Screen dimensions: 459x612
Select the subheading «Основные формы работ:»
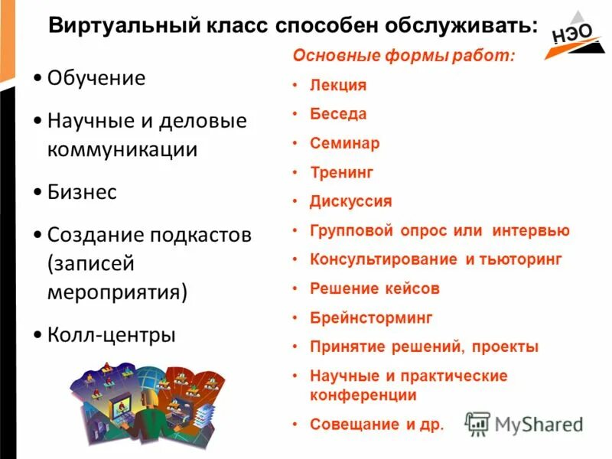[405, 56]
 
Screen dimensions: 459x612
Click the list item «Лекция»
[338, 85]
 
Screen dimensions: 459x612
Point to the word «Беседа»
[338, 114]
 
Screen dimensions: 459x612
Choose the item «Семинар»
[344, 143]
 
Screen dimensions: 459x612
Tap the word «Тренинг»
[341, 172]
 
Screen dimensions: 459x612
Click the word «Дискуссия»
[350, 201]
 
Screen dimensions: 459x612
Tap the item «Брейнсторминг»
[371, 317]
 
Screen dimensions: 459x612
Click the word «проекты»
[505, 347]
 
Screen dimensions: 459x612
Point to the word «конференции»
[363, 396]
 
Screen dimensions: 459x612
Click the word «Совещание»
[353, 425]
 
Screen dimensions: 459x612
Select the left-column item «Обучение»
[96, 78]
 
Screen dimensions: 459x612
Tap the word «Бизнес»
[82, 192]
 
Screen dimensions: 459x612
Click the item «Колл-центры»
[111, 334]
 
